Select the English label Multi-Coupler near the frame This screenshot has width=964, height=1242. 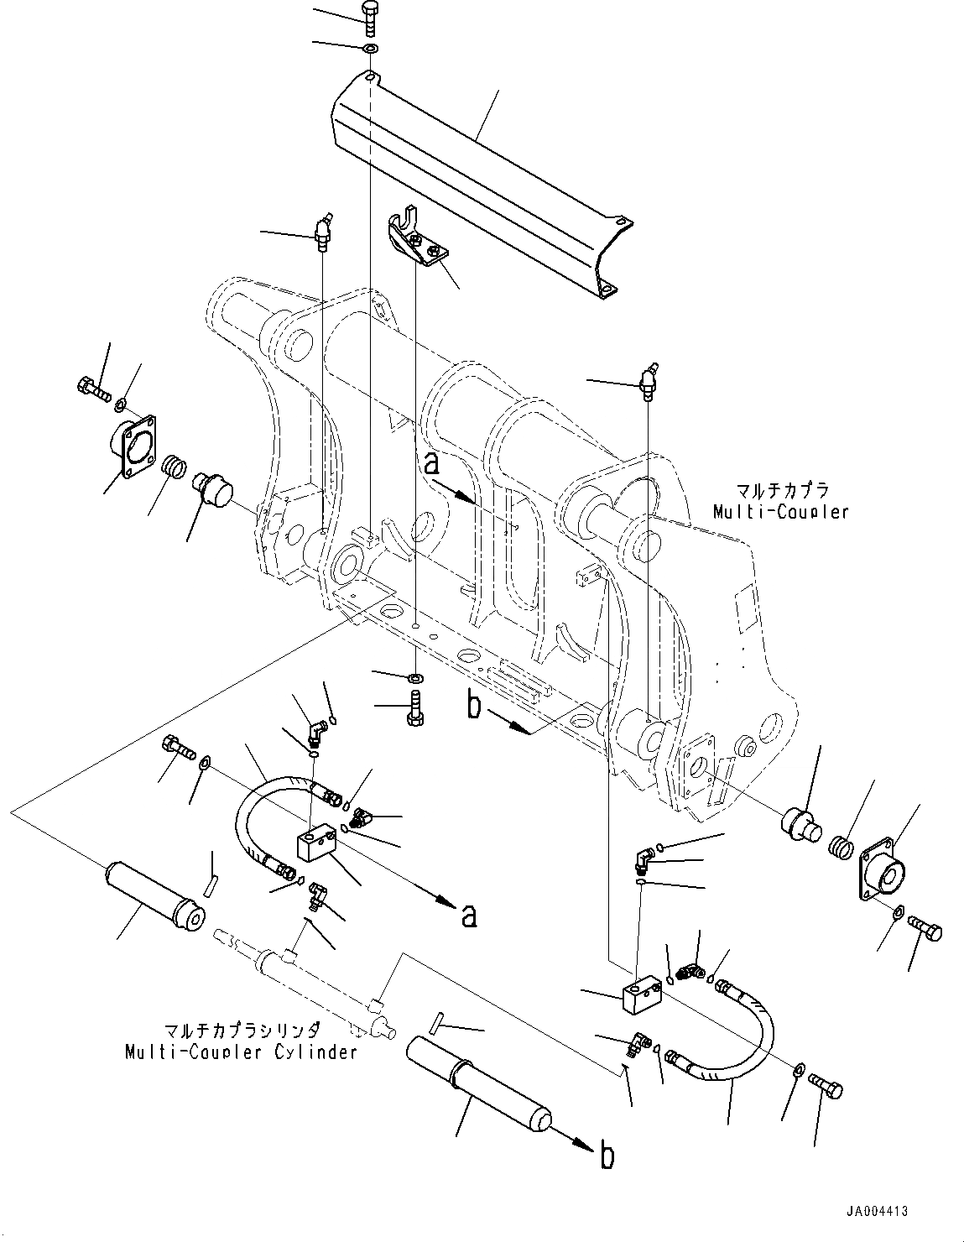click(x=780, y=511)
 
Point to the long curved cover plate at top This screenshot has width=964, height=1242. click(x=478, y=168)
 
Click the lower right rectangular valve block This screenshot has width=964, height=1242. click(x=644, y=994)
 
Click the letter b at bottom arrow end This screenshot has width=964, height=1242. click(x=607, y=1156)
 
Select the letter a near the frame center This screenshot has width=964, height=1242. click(x=431, y=464)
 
